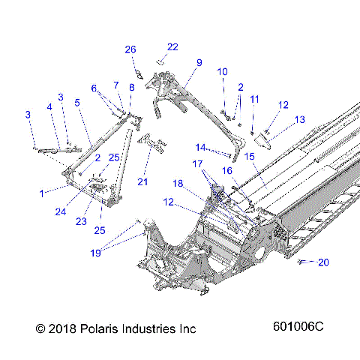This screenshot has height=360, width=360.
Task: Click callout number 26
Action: click(130, 49)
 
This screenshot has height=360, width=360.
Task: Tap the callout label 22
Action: click(172, 47)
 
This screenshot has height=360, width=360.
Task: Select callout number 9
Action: click(199, 62)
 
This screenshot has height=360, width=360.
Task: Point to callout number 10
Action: click(222, 71)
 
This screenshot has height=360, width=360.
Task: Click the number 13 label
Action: click(299, 119)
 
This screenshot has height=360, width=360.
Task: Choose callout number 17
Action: click(196, 163)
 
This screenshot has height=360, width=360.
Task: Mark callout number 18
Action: click(178, 183)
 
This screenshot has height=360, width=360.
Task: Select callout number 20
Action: click(323, 262)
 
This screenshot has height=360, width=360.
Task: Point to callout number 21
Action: click(142, 181)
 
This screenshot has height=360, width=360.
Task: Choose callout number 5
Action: click(76, 102)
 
